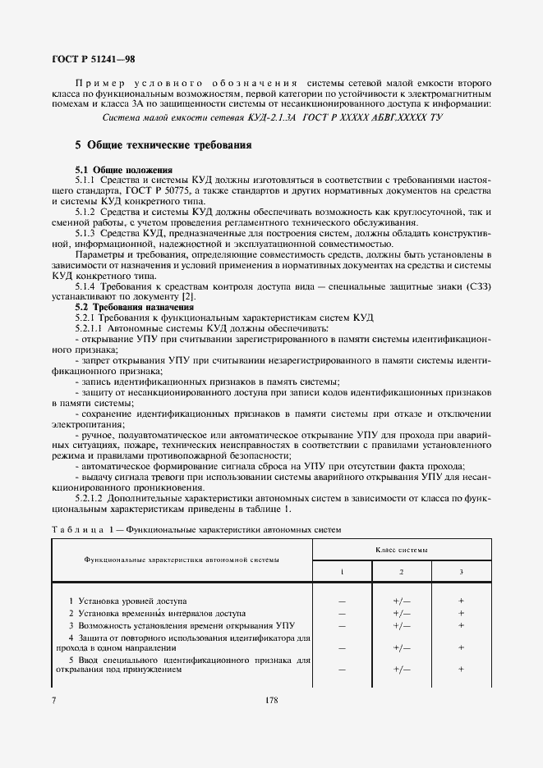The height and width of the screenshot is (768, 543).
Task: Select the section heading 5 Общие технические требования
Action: point(163,145)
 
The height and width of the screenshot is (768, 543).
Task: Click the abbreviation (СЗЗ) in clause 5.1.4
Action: point(475,286)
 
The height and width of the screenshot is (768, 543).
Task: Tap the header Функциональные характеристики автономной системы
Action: point(181,559)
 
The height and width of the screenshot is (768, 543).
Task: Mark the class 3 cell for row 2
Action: point(462,613)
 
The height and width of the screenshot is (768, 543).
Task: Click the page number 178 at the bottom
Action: point(271,700)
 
